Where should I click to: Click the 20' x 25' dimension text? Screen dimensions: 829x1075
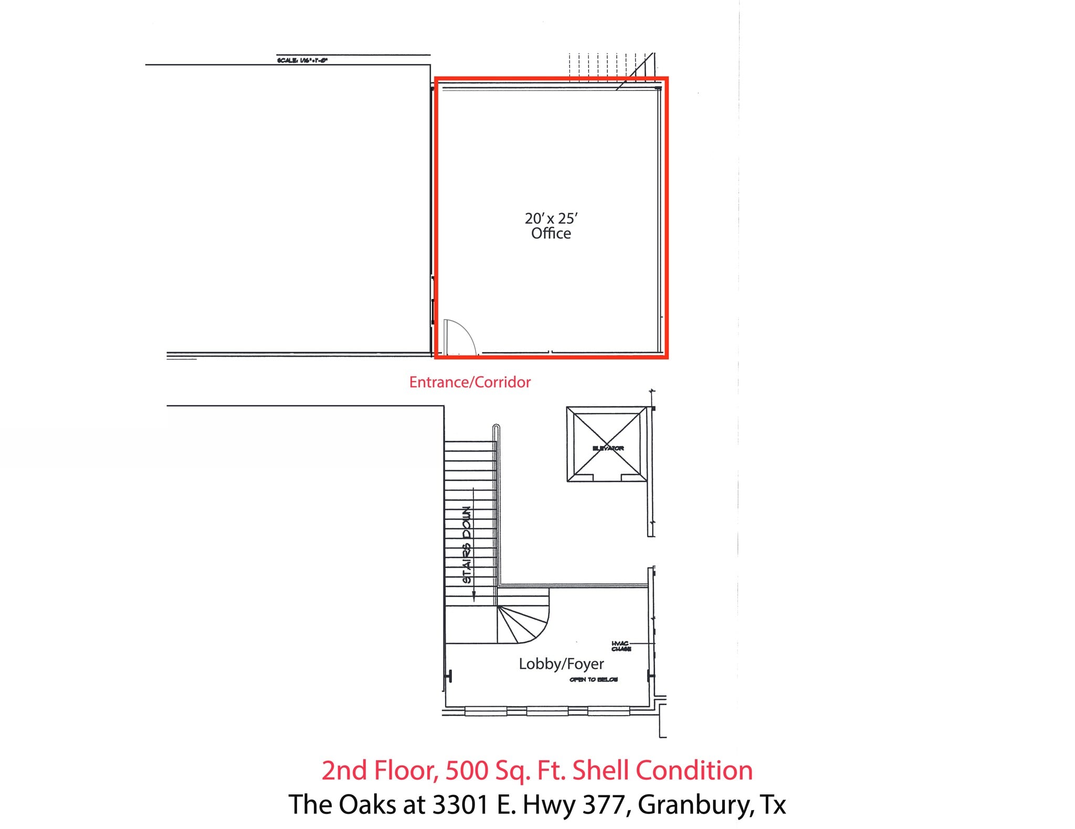click(551, 218)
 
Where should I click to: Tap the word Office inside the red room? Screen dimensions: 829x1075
click(551, 233)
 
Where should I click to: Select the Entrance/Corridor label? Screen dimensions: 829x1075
click(470, 382)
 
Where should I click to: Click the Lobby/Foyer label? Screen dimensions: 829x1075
click(561, 664)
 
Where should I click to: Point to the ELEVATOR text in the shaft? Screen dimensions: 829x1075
click(608, 448)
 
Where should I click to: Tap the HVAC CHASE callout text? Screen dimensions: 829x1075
click(621, 646)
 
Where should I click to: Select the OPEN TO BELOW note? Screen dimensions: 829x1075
click(594, 679)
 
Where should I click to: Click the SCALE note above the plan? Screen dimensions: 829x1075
click(302, 60)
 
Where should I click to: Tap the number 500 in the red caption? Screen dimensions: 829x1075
click(466, 770)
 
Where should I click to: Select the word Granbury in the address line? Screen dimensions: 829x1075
click(693, 804)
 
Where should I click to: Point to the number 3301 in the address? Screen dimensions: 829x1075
click(461, 804)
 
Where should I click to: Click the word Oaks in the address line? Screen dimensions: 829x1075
click(368, 804)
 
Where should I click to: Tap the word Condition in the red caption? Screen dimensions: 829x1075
click(694, 770)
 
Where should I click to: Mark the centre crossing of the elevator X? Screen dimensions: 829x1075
click(607, 444)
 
